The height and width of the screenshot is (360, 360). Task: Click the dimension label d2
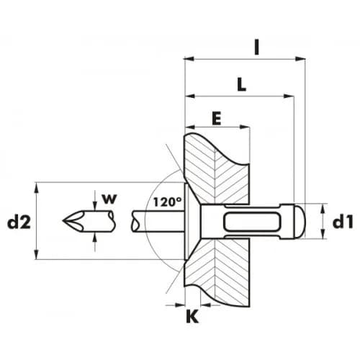point(19,222)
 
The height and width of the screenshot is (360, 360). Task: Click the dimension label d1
point(343,222)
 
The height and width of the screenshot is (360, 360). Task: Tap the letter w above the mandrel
point(109,199)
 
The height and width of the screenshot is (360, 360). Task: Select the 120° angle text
point(167,202)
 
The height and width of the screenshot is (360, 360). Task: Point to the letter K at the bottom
point(192,316)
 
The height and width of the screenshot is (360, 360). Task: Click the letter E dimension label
point(217,119)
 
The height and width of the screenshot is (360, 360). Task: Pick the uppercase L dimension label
point(241,84)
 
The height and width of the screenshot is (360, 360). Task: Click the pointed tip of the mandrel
point(63,220)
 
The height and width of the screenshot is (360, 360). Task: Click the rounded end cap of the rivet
point(300,221)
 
